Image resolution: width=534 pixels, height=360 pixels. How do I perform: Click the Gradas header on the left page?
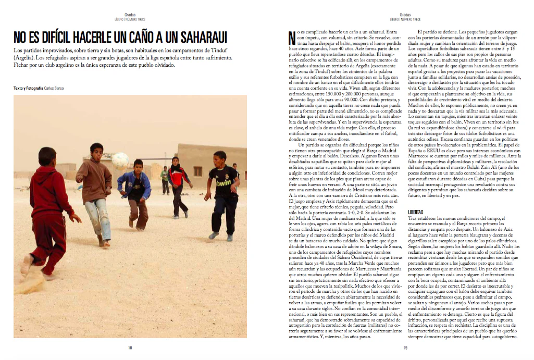tap(130, 15)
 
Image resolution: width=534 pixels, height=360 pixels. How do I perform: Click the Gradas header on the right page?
tap(404, 15)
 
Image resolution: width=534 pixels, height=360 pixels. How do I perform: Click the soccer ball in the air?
tap(120, 160)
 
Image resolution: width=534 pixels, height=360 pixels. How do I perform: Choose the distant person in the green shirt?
tap(165, 177)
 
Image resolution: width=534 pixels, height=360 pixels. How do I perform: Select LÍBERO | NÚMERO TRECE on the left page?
tap(130, 19)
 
